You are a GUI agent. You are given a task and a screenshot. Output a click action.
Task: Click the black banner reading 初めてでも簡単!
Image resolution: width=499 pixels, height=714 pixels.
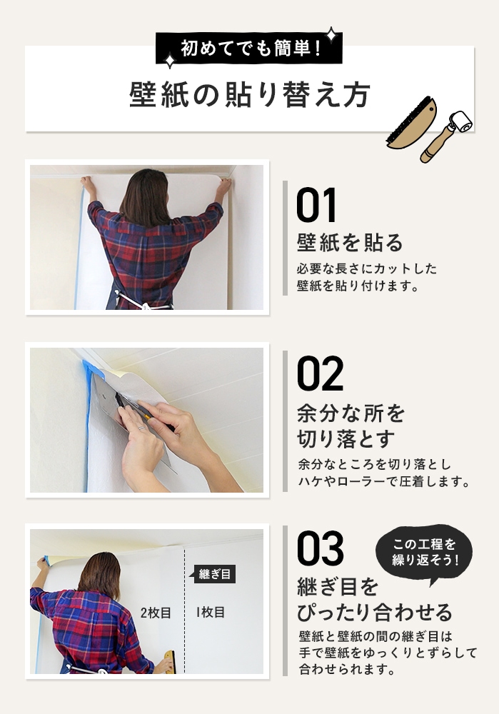click(248, 48)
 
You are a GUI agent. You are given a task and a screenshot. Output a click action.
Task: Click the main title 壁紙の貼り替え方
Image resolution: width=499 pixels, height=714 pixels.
click(250, 95)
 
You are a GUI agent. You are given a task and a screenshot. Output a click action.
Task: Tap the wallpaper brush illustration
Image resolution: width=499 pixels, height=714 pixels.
click(411, 123)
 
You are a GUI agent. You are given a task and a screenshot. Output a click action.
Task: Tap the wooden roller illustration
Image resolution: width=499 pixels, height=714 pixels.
click(447, 136)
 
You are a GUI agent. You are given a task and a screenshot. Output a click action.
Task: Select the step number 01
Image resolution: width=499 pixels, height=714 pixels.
click(316, 205)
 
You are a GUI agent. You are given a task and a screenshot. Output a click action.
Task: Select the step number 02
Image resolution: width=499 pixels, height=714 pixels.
click(320, 373)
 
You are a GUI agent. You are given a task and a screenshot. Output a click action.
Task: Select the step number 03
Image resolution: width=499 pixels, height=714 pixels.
click(320, 548)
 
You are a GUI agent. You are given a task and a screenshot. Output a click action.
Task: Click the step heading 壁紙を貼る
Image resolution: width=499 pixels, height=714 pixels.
click(350, 242)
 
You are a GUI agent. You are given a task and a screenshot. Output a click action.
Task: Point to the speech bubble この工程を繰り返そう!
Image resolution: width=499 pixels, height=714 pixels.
click(424, 553)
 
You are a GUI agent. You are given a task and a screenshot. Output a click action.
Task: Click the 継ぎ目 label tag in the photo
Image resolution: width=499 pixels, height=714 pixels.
click(214, 574)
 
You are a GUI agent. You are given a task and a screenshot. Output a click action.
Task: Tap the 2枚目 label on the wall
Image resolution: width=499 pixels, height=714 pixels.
click(156, 613)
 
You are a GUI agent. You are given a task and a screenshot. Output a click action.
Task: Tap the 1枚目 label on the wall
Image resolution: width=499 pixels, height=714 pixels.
click(211, 613)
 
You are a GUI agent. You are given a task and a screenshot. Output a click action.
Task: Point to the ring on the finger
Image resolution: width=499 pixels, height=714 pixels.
click(141, 428)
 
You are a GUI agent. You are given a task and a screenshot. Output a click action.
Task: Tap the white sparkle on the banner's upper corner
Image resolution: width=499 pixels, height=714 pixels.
click(332, 34)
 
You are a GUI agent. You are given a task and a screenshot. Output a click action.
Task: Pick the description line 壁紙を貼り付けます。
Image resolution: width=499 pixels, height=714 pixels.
click(358, 286)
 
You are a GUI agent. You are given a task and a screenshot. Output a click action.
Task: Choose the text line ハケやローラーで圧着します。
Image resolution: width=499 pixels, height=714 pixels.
click(384, 481)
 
